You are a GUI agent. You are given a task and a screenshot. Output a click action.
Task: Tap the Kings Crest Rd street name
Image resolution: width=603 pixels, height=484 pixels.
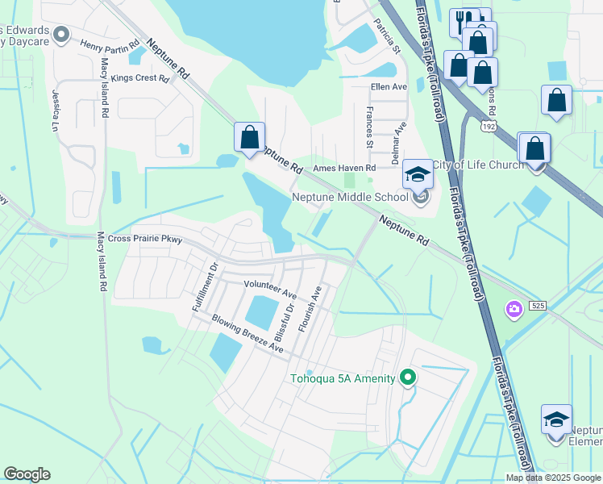(140, 78)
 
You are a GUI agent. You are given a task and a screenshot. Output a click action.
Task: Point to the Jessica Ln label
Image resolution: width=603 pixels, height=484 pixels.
(56, 111)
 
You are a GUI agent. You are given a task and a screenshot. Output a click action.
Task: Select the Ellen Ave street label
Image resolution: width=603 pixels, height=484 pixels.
(389, 86)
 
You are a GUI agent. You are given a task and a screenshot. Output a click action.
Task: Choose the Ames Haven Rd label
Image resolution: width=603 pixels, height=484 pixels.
(344, 168)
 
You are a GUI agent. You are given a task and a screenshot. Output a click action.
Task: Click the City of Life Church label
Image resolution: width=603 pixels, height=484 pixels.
(478, 165)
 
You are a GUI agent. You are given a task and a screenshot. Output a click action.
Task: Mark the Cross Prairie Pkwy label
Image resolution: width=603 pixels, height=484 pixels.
(145, 239)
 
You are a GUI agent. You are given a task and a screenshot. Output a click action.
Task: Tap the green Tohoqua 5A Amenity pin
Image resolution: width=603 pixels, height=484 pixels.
(408, 377)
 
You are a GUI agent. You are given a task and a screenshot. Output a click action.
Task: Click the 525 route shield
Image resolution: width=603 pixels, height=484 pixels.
(539, 304)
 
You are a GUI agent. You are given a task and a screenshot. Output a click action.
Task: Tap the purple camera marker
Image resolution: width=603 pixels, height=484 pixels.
(513, 309)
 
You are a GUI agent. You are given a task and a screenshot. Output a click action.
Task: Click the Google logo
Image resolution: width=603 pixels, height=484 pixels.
(27, 474)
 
